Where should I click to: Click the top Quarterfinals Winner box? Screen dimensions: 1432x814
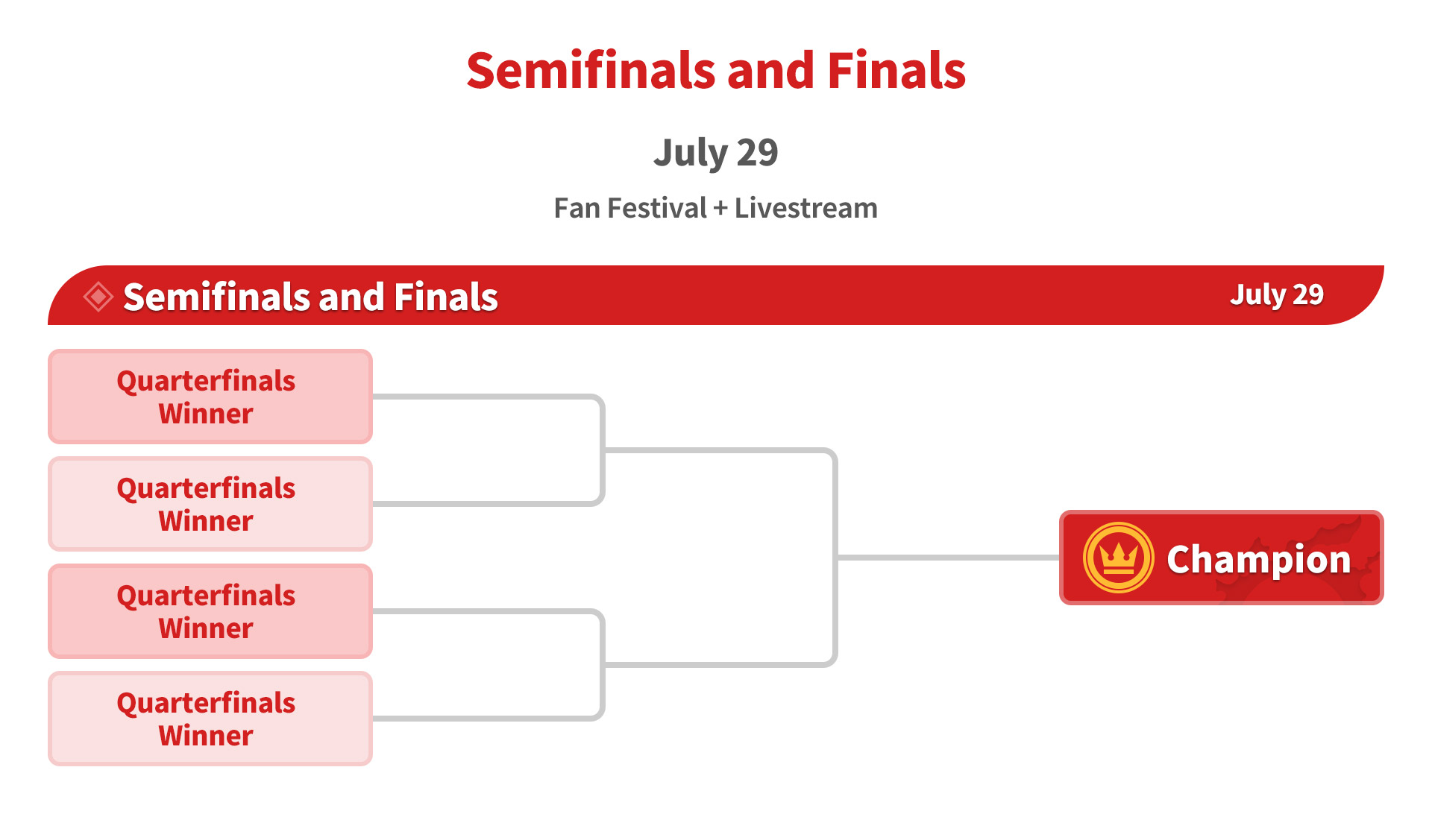coord(210,397)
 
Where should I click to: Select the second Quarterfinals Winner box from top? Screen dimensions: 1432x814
coord(210,504)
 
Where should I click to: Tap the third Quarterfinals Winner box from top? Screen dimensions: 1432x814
coord(210,611)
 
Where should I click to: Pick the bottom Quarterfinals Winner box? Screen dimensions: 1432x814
coord(210,719)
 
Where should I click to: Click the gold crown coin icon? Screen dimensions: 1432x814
coord(1118,558)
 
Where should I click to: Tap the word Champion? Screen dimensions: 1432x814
coord(1259,560)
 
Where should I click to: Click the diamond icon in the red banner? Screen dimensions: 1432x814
coord(98,297)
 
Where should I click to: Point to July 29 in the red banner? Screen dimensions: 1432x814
coord(1277,295)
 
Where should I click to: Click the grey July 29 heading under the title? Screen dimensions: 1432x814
coord(716,154)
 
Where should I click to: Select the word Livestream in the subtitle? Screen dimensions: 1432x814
coord(806,208)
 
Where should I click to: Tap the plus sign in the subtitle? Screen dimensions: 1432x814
coord(720,209)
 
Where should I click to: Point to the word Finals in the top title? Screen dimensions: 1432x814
coord(896,71)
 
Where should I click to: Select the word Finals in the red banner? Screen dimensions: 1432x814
coord(446,297)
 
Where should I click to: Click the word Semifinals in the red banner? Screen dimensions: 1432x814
coord(217,297)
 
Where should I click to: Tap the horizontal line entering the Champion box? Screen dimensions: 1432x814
coord(949,558)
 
